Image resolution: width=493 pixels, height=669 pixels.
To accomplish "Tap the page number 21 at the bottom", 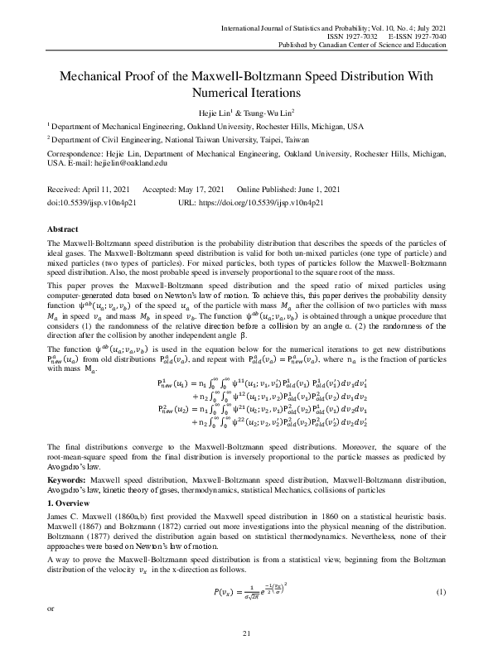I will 246,657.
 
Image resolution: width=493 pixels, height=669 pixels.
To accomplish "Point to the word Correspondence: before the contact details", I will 77,155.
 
